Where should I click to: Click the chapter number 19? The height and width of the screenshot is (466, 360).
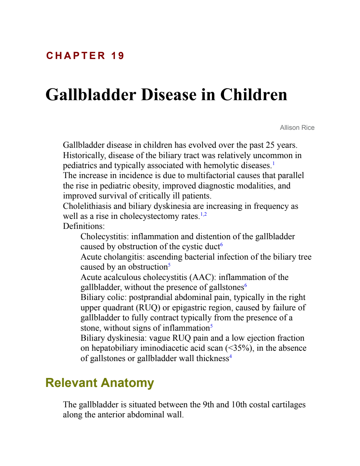(x=117, y=56)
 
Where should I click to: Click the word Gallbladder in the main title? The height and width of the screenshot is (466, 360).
(x=91, y=95)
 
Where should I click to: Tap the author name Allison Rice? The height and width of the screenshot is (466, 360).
(x=297, y=128)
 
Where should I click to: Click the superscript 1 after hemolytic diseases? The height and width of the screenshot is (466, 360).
(x=273, y=164)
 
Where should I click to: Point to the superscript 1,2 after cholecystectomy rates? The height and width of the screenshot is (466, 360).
(x=204, y=214)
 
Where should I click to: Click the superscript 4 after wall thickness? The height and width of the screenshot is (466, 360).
(x=231, y=357)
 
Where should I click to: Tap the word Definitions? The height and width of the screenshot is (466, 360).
(x=84, y=226)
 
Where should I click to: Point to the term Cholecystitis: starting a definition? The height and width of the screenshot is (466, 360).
(x=105, y=236)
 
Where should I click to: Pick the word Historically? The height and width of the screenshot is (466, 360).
(x=85, y=155)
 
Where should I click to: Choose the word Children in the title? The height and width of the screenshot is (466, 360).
(x=254, y=95)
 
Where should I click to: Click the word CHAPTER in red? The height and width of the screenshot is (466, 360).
(x=76, y=56)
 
